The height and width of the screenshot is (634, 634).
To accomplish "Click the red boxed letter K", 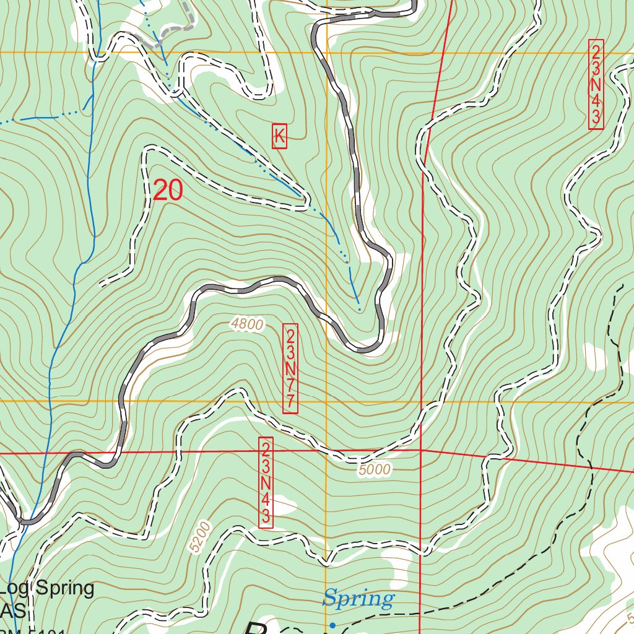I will [x=279, y=136].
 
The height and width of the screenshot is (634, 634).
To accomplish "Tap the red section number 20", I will [x=168, y=190].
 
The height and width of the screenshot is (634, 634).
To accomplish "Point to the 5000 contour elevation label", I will [x=374, y=470].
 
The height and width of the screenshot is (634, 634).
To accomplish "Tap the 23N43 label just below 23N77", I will [x=266, y=482].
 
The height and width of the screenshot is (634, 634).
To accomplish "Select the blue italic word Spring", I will [x=358, y=599].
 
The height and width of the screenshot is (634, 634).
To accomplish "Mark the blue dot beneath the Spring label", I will [x=332, y=625].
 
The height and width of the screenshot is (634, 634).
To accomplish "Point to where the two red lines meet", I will [x=421, y=450].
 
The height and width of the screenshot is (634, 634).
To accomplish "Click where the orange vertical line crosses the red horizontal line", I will [x=326, y=451].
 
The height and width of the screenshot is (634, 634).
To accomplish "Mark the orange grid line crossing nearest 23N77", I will [x=326, y=401].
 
